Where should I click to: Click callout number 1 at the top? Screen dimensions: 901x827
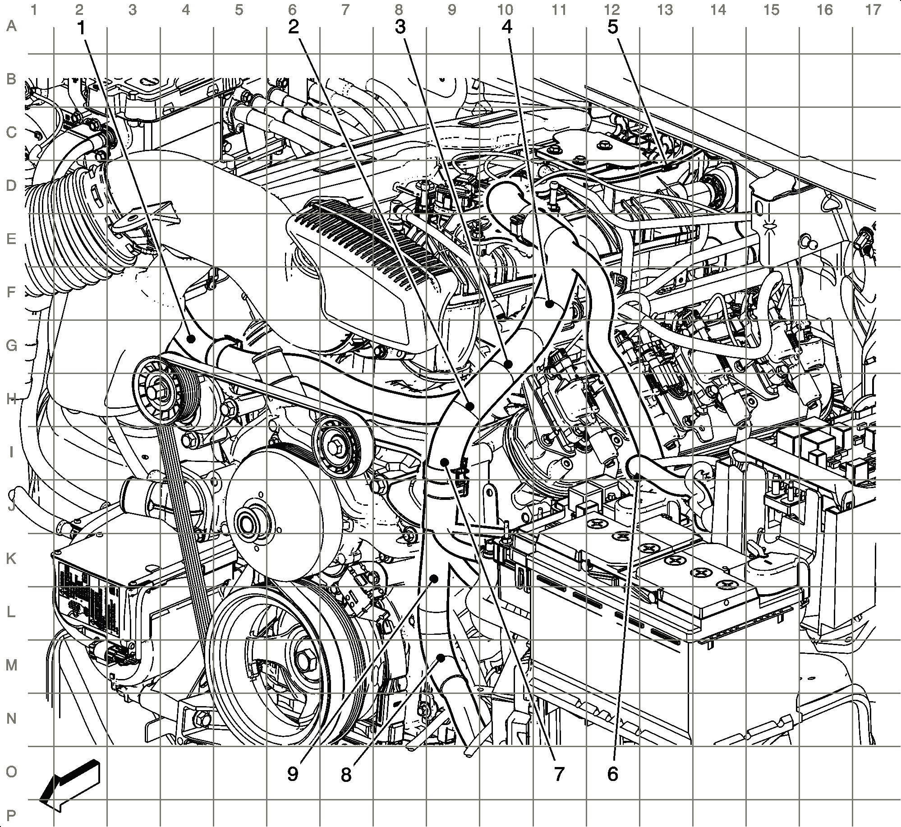(x=81, y=28)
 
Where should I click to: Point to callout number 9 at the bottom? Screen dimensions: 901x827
(x=293, y=774)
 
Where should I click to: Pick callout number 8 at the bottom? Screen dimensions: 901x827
(x=346, y=775)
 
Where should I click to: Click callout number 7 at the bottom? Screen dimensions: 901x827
(x=559, y=774)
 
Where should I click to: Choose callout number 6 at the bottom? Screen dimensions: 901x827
(x=612, y=774)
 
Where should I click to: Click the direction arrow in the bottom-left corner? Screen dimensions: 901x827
(x=70, y=785)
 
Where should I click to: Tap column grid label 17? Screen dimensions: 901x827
(x=873, y=9)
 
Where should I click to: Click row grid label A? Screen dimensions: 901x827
(x=11, y=27)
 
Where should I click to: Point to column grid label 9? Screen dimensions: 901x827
(x=452, y=9)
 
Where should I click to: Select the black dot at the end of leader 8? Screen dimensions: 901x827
(x=441, y=658)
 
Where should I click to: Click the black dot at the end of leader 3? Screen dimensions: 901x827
(x=508, y=364)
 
